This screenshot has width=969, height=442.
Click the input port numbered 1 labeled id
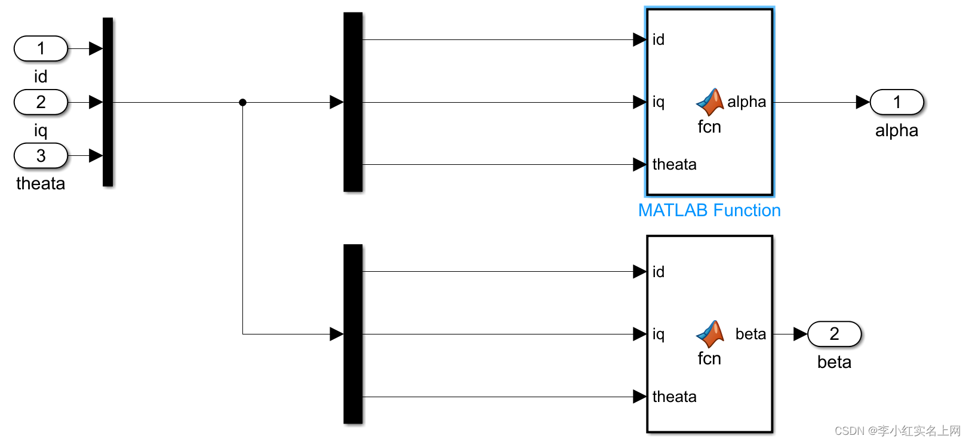[41, 48]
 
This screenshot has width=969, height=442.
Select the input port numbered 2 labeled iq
[41, 102]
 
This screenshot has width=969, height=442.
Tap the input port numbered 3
[41, 156]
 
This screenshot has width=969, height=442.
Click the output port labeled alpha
[896, 102]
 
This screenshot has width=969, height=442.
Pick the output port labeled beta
[833, 334]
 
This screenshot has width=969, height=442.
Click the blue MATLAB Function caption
[709, 210]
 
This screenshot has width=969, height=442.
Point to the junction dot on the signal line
[242, 102]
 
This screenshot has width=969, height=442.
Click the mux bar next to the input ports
[107, 102]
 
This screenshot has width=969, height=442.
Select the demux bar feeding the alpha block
[353, 102]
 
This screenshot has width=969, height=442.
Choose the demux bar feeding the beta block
[353, 334]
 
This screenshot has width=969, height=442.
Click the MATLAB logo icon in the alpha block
[710, 102]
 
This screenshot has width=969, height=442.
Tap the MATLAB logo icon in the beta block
[710, 334]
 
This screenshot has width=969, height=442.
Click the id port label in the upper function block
[658, 39]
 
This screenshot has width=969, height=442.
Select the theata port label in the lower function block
[674, 397]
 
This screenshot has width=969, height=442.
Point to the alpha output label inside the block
[746, 102]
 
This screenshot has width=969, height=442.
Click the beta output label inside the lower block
[750, 334]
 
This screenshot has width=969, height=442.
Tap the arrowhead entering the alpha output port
[862, 102]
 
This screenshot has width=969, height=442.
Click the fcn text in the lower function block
[709, 358]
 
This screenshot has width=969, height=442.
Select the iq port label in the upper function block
[658, 102]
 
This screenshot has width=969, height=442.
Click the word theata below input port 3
[41, 183]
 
